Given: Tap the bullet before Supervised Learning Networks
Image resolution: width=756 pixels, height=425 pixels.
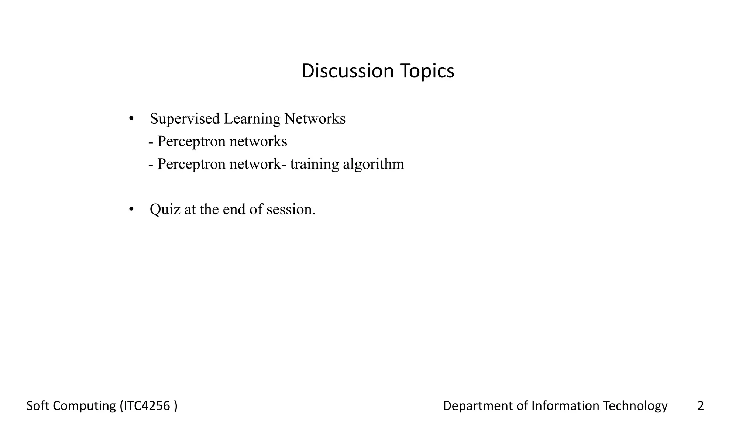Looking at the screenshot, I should pos(131,118).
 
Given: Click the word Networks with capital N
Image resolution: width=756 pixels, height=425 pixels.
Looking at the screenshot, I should pos(315,119).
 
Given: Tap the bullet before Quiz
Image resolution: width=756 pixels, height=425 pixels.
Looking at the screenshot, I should pos(131,209).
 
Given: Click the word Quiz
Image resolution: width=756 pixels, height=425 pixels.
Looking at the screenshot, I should pos(165,210).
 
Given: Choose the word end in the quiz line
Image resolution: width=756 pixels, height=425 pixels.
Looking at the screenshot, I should pos(234,210).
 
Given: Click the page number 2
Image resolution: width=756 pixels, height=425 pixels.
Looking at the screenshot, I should pos(700,406).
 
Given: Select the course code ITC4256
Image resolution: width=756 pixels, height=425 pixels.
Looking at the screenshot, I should pos(147,406).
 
